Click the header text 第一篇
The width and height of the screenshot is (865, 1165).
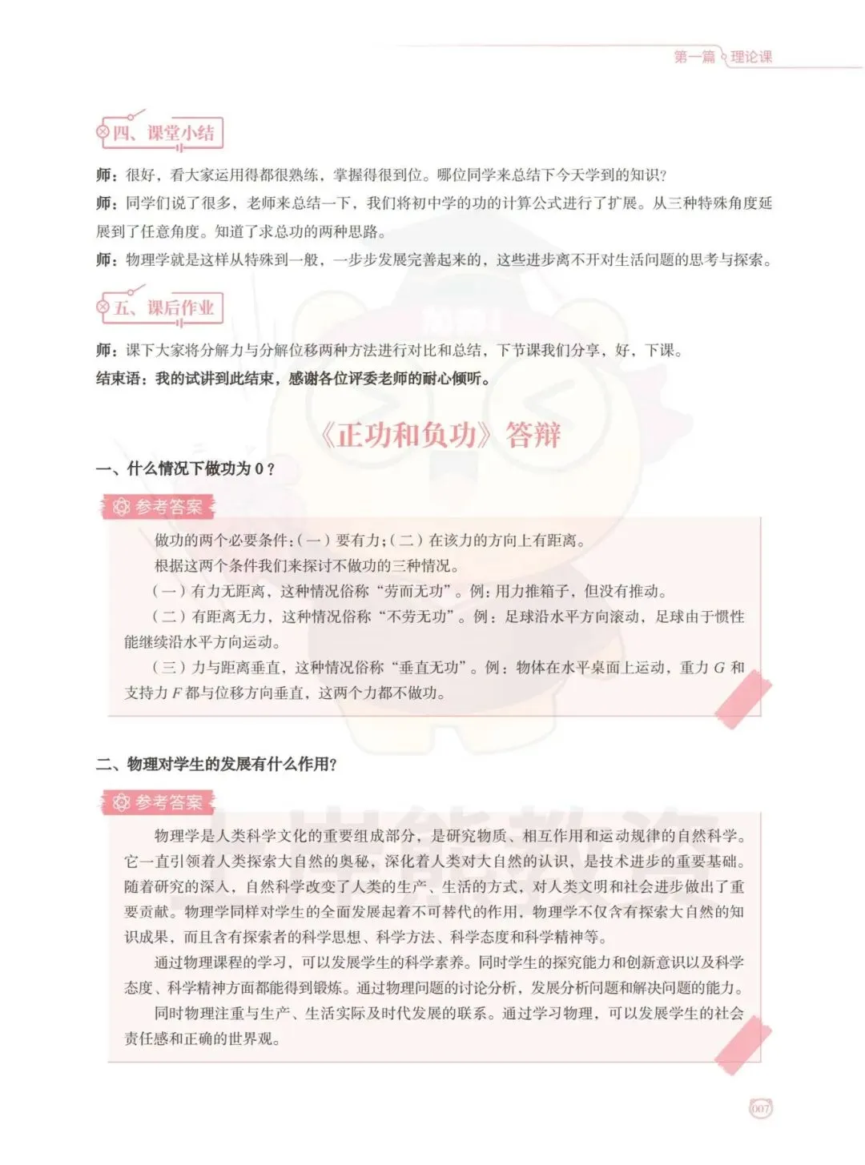[694, 57]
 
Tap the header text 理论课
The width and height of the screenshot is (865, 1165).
[751, 57]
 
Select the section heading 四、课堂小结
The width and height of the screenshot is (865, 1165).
[163, 133]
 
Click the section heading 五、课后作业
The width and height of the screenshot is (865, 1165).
[163, 308]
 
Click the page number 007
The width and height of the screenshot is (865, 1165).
[760, 1109]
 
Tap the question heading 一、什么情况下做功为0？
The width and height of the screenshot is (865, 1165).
[186, 469]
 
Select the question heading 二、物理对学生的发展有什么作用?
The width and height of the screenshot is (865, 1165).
[216, 764]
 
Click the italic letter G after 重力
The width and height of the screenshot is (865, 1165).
[718, 668]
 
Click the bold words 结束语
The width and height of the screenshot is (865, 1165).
[120, 379]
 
